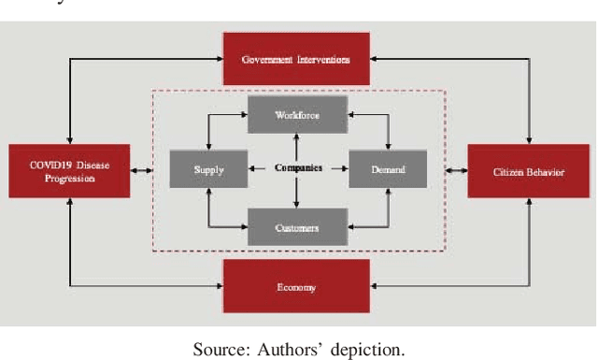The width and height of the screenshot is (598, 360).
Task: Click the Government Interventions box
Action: tap(296, 59)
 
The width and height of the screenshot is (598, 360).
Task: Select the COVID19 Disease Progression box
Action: tap(69, 171)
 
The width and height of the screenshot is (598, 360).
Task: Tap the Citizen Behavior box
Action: tap(528, 171)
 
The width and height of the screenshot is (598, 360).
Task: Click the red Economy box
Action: tap(296, 287)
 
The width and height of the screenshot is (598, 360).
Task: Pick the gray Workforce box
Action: tap(296, 115)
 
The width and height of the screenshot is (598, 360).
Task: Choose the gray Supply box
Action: tap(207, 169)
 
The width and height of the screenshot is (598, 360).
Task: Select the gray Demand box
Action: tap(388, 169)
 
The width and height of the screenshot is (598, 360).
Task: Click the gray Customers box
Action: tap(296, 227)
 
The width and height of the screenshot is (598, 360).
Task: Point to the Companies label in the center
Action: tap(298, 169)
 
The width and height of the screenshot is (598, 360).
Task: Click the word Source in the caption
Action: tap(216, 350)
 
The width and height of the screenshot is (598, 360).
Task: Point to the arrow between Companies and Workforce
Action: tap(296, 147)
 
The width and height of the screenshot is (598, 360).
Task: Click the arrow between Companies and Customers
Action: tap(296, 194)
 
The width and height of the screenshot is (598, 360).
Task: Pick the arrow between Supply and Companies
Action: tap(259, 169)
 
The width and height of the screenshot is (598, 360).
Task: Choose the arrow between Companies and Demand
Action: tap(336, 169)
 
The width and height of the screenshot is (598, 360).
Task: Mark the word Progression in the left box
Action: tap(69, 178)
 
